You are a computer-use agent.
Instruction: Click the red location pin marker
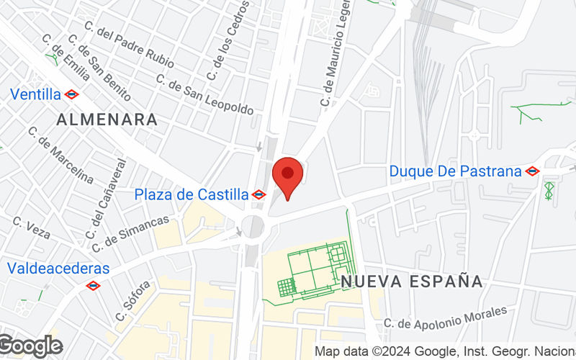click(x=288, y=177)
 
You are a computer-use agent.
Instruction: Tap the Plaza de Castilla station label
click(x=191, y=194)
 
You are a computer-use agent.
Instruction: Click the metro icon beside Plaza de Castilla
click(x=259, y=194)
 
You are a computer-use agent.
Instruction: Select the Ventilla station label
click(x=35, y=94)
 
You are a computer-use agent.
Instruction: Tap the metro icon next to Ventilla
click(x=71, y=94)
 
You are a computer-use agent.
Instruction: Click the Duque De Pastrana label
click(x=455, y=171)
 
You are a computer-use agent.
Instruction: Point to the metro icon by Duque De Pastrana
click(x=532, y=171)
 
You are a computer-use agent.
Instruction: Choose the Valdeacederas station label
click(x=58, y=269)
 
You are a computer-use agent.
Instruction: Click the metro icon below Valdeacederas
click(x=92, y=286)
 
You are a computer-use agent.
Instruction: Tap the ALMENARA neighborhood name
click(x=107, y=120)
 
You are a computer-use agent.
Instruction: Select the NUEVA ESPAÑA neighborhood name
click(x=411, y=281)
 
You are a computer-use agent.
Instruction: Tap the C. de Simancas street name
click(x=130, y=231)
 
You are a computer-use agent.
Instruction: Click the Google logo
click(x=30, y=346)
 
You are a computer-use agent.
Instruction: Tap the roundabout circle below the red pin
click(x=253, y=226)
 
